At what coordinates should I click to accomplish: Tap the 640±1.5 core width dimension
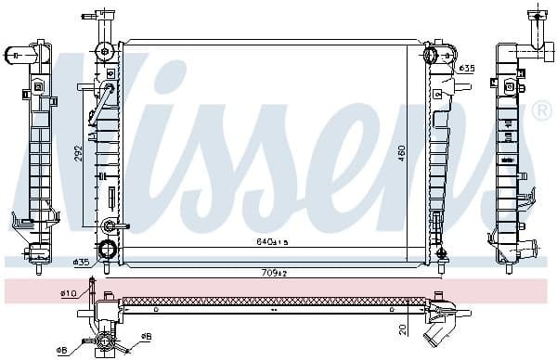click(273, 242)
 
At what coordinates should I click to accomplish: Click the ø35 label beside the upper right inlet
click(467, 68)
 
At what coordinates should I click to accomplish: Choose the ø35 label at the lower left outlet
click(81, 263)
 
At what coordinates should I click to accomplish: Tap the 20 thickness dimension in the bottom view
click(403, 328)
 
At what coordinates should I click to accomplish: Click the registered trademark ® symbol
click(541, 111)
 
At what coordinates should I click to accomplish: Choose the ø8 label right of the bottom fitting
click(146, 337)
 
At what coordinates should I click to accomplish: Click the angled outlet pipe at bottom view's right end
click(441, 328)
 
